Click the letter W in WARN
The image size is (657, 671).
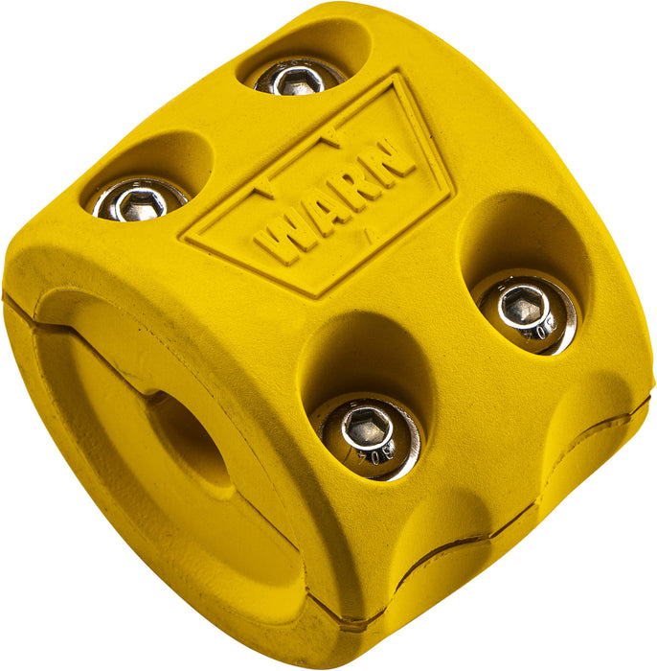pyautogui.click(x=278, y=238)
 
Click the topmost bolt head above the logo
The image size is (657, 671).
pyautogui.click(x=299, y=76)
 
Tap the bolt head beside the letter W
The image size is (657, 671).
pyautogui.click(x=140, y=198)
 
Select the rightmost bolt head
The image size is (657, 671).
pyautogui.click(x=528, y=311)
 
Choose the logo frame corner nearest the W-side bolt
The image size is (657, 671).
pyautogui.click(x=186, y=234)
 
